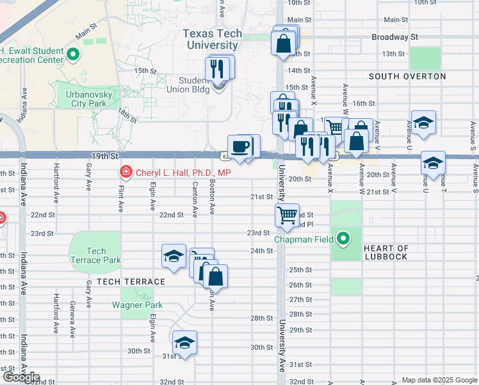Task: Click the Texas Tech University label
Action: (212, 39)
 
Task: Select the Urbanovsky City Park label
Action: (85, 98)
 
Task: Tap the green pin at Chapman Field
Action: (344, 239)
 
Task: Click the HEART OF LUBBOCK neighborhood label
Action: (386, 253)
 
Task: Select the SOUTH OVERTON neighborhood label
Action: (407, 76)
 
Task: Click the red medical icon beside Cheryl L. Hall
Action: (125, 172)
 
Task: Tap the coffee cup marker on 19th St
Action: (241, 146)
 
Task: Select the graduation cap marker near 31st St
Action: (184, 342)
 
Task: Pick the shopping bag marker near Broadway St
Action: (282, 43)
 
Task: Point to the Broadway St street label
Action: (394, 37)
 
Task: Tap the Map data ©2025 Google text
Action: (439, 380)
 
